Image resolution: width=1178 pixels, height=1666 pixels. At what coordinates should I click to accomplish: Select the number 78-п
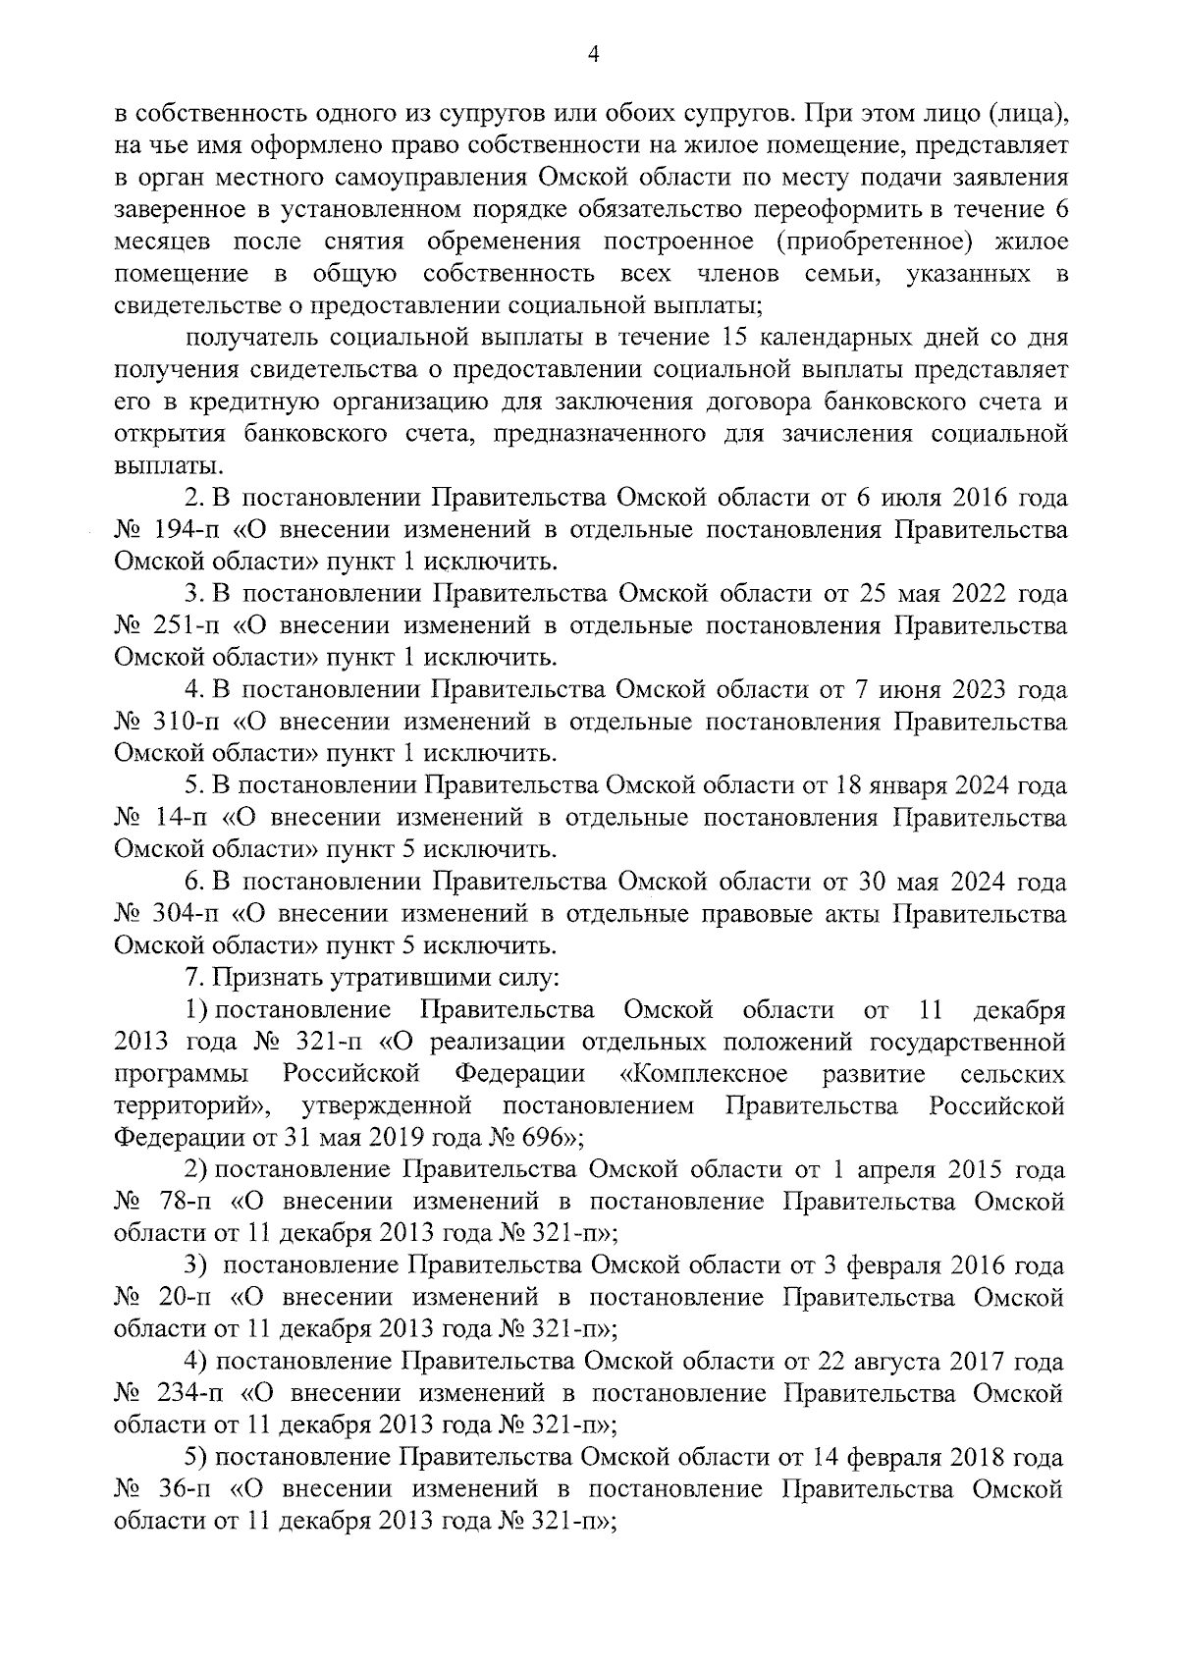pyautogui.click(x=182, y=1202)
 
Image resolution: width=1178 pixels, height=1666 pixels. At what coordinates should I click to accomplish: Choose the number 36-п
pyautogui.click(x=182, y=1489)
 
